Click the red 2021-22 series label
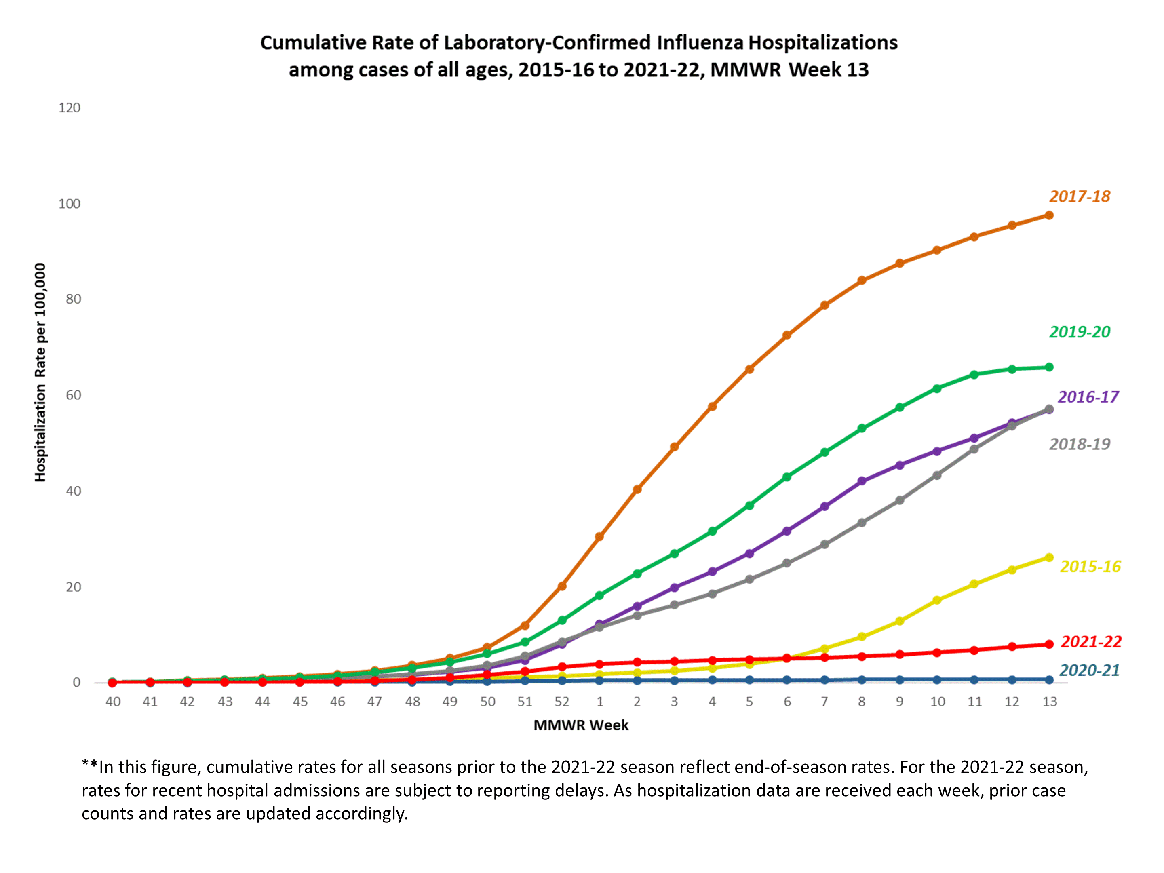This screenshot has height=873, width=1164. pyautogui.click(x=1091, y=641)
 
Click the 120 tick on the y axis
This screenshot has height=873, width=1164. pyautogui.click(x=69, y=108)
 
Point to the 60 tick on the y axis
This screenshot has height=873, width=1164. pyautogui.click(x=73, y=395)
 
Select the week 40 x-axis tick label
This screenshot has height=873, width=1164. pyautogui.click(x=113, y=702)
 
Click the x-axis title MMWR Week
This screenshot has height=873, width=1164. pyautogui.click(x=581, y=725)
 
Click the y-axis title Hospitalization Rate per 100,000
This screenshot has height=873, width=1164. pyautogui.click(x=40, y=372)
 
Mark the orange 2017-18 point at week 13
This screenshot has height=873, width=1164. pyautogui.click(x=1049, y=215)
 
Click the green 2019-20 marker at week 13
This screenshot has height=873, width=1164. pyautogui.click(x=1049, y=367)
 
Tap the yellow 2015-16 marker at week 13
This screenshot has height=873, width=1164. pyautogui.click(x=1049, y=558)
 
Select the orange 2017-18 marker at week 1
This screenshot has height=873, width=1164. pyautogui.click(x=599, y=537)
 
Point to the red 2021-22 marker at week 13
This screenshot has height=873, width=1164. pyautogui.click(x=1049, y=644)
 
